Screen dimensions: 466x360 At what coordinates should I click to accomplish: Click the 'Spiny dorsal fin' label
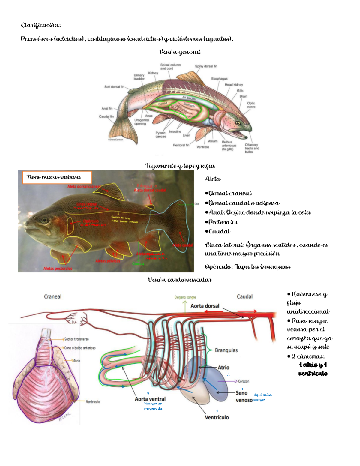(x=206, y=66)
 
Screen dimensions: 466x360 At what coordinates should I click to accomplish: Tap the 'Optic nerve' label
(x=251, y=105)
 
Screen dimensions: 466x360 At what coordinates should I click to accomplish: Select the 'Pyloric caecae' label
(x=161, y=134)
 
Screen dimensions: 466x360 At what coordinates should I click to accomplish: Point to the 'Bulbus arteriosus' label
(x=229, y=146)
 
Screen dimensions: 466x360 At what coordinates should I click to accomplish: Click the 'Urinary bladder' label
(x=139, y=77)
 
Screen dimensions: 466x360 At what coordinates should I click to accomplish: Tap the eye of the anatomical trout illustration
(x=238, y=123)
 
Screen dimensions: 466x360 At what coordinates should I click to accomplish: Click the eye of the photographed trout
(x=45, y=220)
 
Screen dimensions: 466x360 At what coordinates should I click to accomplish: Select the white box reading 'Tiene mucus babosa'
(x=57, y=177)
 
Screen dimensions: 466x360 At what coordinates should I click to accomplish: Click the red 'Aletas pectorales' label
(x=58, y=269)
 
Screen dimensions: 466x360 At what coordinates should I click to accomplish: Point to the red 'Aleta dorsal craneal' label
(x=84, y=187)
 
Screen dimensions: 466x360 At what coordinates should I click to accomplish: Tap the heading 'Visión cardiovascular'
(x=180, y=280)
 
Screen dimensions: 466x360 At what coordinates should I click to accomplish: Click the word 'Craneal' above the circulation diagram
(x=53, y=297)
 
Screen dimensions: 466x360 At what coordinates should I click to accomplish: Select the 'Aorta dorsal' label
(x=205, y=306)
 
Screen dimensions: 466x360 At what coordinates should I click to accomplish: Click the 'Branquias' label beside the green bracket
(x=226, y=350)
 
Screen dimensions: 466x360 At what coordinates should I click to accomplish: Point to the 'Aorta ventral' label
(x=150, y=399)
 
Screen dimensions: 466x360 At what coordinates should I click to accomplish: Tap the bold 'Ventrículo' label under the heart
(x=217, y=417)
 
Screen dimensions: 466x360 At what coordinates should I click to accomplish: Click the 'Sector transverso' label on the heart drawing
(x=76, y=339)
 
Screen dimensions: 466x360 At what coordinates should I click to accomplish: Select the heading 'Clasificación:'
(x=41, y=25)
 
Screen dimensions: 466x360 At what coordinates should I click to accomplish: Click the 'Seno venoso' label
(x=242, y=396)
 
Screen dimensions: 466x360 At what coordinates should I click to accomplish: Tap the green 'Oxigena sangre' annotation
(x=185, y=297)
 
